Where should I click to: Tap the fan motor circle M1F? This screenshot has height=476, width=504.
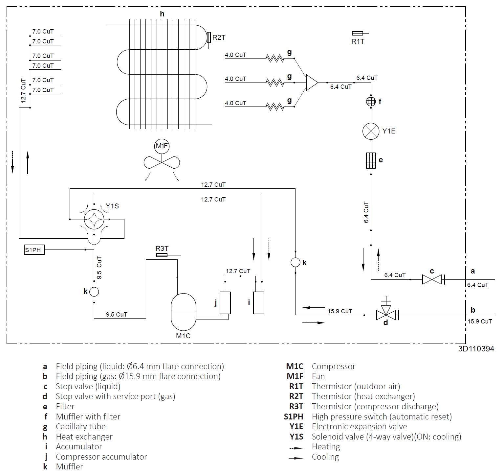162,146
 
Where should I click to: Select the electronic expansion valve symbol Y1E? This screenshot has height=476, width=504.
371,131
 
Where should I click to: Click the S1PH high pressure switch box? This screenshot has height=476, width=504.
34,250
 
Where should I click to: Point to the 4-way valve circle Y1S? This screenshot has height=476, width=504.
94,219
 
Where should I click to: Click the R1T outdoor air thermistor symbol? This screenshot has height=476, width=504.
357,33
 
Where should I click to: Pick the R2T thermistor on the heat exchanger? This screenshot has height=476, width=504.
209,37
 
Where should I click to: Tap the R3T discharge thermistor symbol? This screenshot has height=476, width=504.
162,255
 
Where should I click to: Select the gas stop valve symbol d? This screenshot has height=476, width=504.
386,315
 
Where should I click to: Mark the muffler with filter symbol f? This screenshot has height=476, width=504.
371,101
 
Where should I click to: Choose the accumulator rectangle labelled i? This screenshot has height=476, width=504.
259,303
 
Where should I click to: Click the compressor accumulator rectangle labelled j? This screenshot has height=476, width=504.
225,303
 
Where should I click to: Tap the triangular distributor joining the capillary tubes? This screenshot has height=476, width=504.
312,82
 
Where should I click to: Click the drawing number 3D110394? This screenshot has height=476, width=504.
476,349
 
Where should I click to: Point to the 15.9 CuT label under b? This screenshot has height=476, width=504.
480,321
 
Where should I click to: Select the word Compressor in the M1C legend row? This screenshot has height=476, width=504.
333,366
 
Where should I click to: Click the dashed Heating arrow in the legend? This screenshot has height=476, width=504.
296,448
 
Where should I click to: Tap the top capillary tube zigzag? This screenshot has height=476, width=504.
275,59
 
